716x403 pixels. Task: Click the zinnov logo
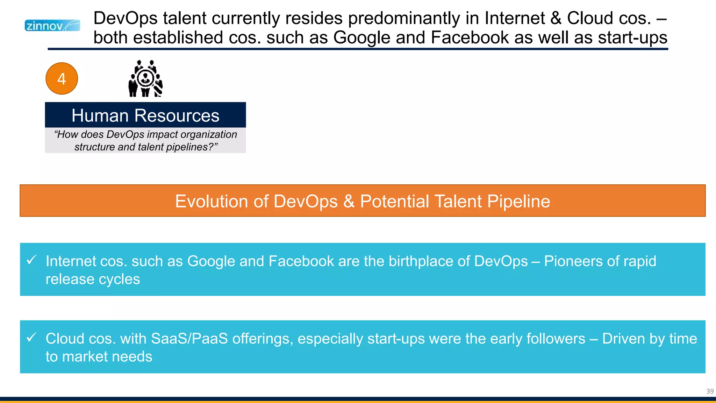tap(52, 26)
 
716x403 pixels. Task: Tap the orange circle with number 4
tap(62, 79)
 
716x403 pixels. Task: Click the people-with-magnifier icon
tap(145, 78)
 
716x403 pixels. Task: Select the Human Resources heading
tap(145, 115)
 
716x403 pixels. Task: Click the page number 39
tap(710, 391)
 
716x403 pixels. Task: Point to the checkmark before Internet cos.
tap(31, 260)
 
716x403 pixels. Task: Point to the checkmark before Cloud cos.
tap(31, 337)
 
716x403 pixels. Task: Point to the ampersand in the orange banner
tap(349, 201)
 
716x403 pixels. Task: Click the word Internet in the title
tap(515, 18)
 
